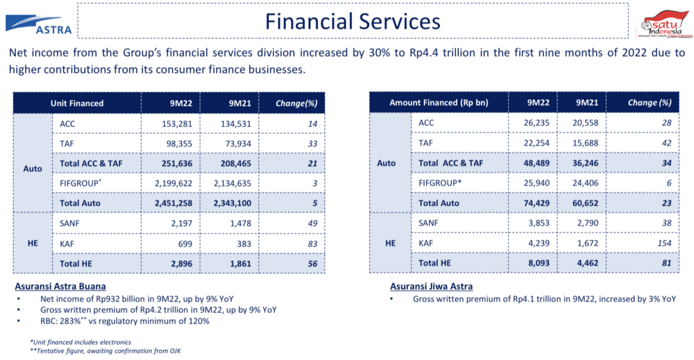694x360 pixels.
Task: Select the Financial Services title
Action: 352,21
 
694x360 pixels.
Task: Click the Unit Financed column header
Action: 77,103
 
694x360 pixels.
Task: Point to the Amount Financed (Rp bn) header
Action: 439,103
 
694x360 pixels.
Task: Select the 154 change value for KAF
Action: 664,243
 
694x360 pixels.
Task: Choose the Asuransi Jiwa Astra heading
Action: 431,286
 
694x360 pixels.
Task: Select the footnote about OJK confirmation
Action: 105,350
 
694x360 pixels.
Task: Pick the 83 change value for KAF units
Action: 312,243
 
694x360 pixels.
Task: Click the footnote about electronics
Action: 81,341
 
